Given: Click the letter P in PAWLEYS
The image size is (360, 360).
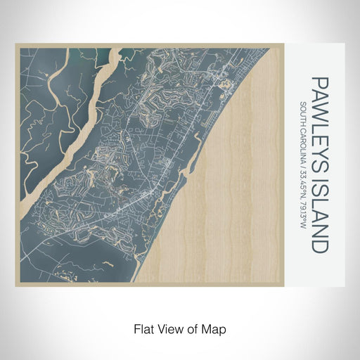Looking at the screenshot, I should tap(319, 84).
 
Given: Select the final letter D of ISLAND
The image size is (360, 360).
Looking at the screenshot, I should tap(319, 246).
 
